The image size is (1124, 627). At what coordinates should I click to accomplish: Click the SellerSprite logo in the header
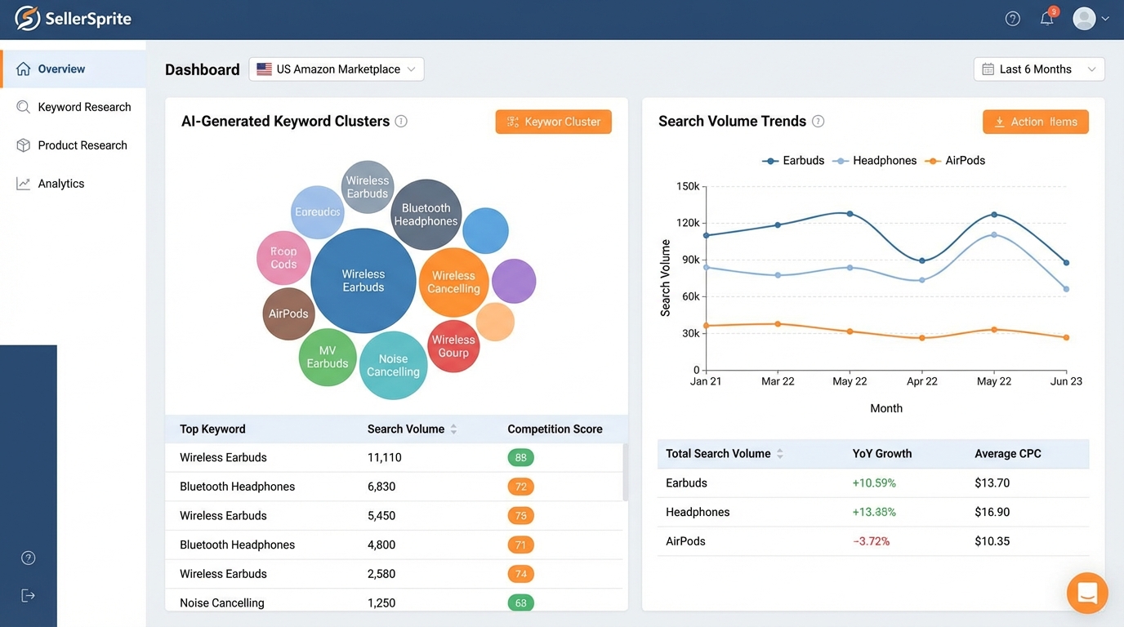tap(74, 19)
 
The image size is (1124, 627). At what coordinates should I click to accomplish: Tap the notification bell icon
tap(1046, 19)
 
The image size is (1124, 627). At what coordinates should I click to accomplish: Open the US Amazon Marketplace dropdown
tap(337, 69)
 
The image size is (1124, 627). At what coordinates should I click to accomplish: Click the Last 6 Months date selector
tap(1038, 69)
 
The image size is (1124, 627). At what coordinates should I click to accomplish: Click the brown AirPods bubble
tap(288, 313)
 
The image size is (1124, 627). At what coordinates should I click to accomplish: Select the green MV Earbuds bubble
tap(328, 358)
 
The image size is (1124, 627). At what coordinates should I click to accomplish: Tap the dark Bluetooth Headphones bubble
tap(426, 215)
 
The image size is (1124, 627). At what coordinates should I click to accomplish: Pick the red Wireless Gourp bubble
tap(453, 346)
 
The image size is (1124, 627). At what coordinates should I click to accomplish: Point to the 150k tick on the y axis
tap(688, 186)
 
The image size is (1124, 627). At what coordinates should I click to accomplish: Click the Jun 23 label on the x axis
tap(1066, 381)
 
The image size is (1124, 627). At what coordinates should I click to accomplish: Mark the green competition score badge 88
tap(520, 457)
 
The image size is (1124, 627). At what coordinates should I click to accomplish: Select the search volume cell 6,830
tap(381, 487)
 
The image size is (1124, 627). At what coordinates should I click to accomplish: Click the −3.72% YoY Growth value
tap(871, 541)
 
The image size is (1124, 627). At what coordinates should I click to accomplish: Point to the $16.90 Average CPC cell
tap(992, 512)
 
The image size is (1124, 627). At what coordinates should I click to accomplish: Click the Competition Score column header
tap(555, 429)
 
